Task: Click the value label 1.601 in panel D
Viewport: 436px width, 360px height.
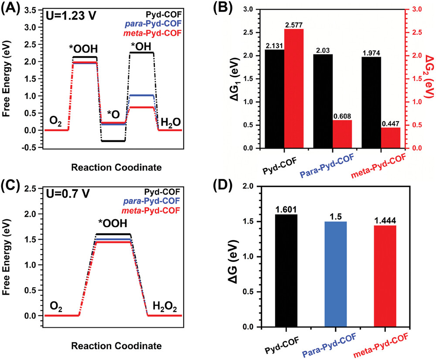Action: [x=286, y=209]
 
